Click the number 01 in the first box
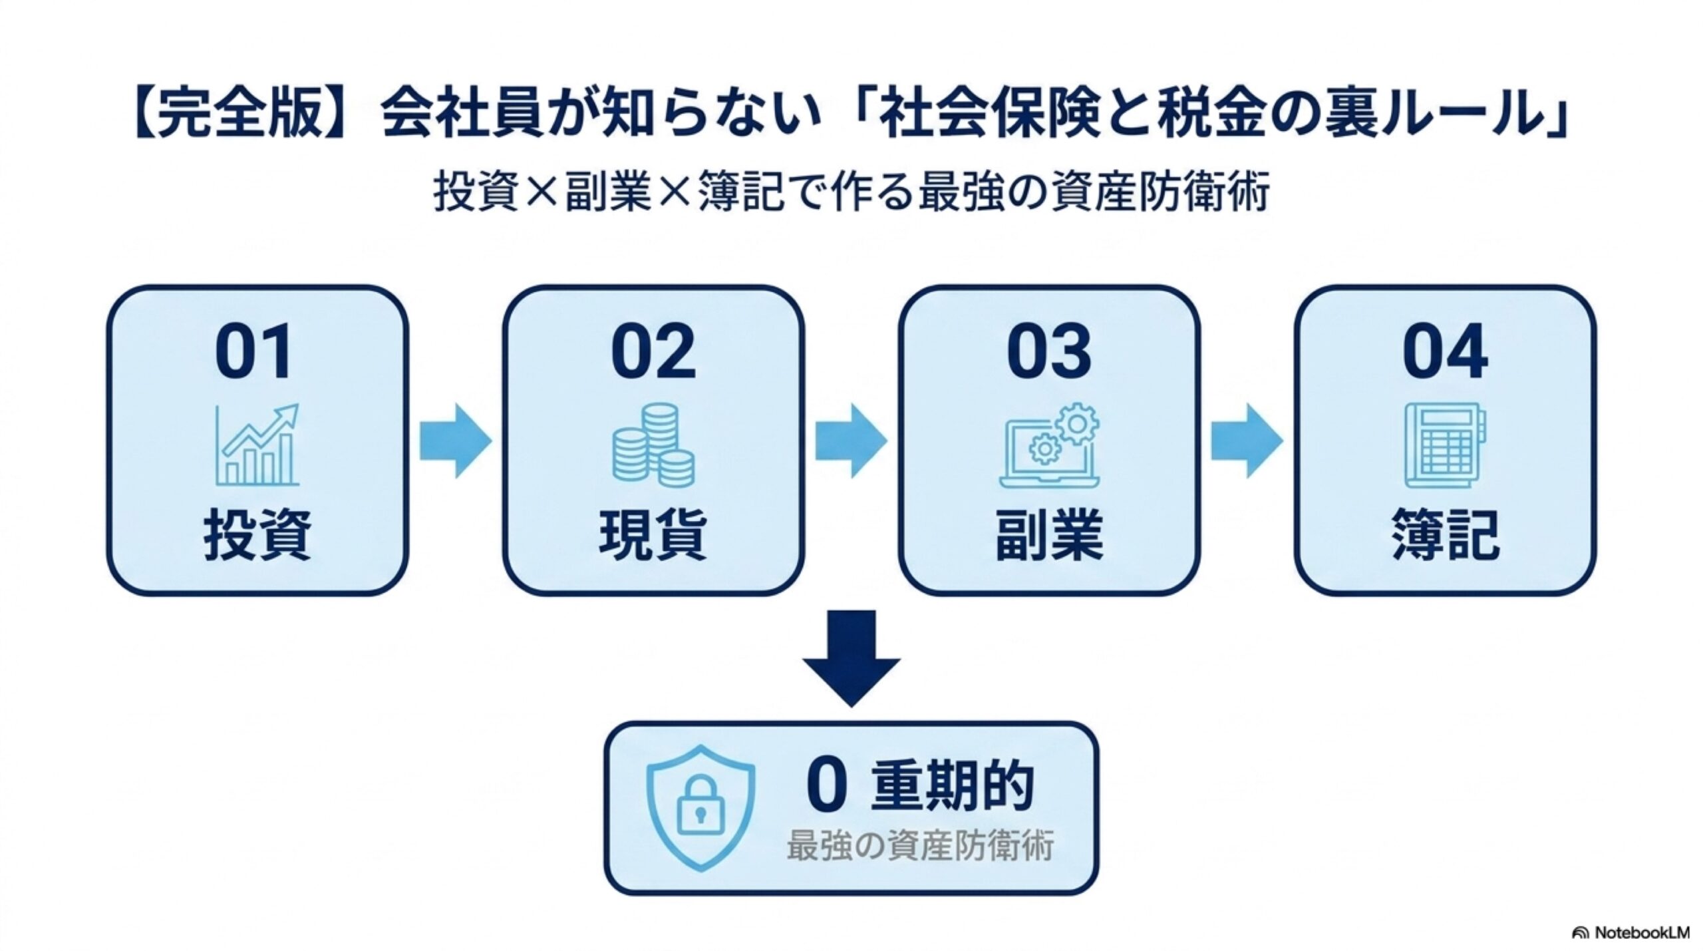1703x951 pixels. click(x=253, y=351)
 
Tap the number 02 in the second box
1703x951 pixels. click(x=653, y=351)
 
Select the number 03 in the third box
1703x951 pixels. click(x=1049, y=351)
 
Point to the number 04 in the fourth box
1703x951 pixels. click(x=1445, y=351)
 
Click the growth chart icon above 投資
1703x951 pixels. click(x=257, y=445)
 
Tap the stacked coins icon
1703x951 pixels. click(x=653, y=445)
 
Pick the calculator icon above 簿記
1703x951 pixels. click(x=1445, y=445)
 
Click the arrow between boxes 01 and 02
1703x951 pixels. click(x=455, y=440)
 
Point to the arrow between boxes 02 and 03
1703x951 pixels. click(x=851, y=440)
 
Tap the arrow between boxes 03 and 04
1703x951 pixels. click(x=1247, y=440)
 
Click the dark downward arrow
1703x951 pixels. click(x=851, y=658)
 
